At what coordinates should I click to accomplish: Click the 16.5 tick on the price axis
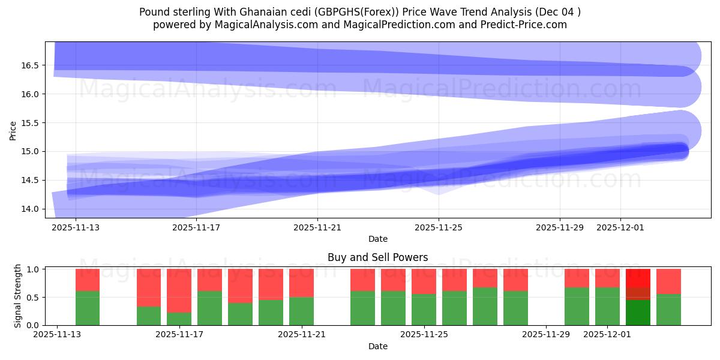[x=31, y=65]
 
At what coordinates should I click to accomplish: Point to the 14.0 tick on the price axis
[x=31, y=209]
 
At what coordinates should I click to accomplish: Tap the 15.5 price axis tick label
[x=31, y=123]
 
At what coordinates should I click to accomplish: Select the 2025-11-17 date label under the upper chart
[x=196, y=227]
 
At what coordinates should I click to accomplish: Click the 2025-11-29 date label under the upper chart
[x=560, y=227]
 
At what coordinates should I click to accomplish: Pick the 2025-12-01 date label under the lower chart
[x=608, y=335]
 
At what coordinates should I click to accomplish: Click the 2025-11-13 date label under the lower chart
[x=57, y=335]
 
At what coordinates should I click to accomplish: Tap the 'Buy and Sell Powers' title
[x=377, y=257]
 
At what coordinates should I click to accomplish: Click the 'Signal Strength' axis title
[x=18, y=296]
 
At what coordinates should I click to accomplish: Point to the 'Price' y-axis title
[x=13, y=130]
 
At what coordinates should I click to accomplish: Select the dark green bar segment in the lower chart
[x=638, y=313]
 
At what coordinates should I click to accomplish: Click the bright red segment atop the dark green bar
[x=638, y=278]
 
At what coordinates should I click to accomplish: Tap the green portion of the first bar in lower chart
[x=88, y=308]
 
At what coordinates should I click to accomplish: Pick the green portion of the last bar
[x=668, y=310]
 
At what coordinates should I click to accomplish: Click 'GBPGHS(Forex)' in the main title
[x=346, y=12]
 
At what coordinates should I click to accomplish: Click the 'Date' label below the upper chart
[x=377, y=239]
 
